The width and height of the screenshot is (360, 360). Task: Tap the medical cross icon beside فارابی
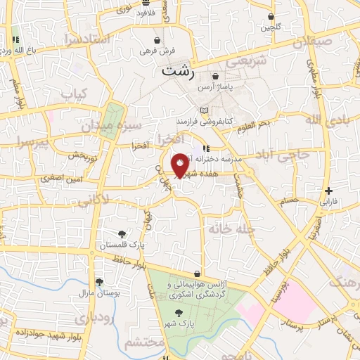[x=328, y=190]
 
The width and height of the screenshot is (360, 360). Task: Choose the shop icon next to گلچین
[x=271, y=16]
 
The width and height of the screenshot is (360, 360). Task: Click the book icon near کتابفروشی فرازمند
[x=204, y=110]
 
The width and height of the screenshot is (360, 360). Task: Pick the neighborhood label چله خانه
[x=226, y=229]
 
